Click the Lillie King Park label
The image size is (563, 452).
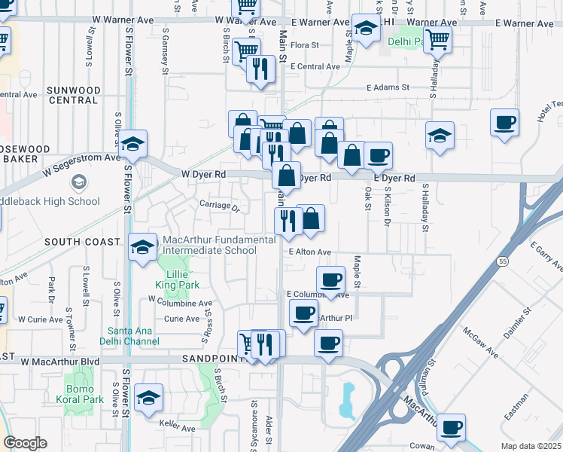click(x=179, y=279)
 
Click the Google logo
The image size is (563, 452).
click(x=25, y=443)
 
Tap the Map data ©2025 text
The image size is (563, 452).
click(x=531, y=446)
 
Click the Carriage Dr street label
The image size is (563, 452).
click(x=219, y=206)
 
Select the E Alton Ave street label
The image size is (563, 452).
click(x=309, y=252)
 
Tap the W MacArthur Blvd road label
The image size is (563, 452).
click(x=59, y=362)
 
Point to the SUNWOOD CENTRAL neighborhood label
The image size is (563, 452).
click(x=73, y=95)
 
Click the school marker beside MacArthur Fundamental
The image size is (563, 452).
click(x=142, y=248)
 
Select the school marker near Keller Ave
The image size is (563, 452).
click(x=149, y=398)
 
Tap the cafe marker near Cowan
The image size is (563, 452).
click(x=451, y=426)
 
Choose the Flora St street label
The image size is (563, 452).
click(x=305, y=45)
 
